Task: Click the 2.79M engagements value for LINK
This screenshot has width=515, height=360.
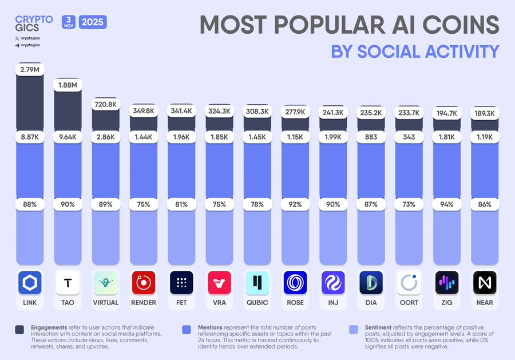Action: pyautogui.click(x=30, y=70)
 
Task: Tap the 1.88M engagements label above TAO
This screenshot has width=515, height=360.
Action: pyautogui.click(x=68, y=85)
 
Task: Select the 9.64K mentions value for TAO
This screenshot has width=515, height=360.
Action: pyautogui.click(x=68, y=138)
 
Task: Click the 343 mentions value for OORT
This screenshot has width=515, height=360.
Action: pyautogui.click(x=408, y=138)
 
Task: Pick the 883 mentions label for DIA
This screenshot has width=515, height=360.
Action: pyautogui.click(x=370, y=138)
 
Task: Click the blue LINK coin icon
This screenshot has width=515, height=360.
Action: pyautogui.click(x=30, y=282)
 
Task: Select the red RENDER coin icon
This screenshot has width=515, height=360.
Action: pyautogui.click(x=143, y=282)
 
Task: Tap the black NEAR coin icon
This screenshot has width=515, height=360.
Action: pyautogui.click(x=484, y=282)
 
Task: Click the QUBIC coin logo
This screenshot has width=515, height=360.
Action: pyautogui.click(x=257, y=282)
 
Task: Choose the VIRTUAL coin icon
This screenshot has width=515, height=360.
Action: pyautogui.click(x=105, y=282)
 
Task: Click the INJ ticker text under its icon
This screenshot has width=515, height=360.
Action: pyautogui.click(x=332, y=302)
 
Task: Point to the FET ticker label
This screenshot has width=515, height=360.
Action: pyautogui.click(x=181, y=302)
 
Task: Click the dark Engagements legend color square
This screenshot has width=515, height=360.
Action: pyautogui.click(x=19, y=329)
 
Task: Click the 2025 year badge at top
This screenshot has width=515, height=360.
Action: pyautogui.click(x=93, y=23)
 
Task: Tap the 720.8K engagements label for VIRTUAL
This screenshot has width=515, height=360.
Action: pyautogui.click(x=105, y=105)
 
